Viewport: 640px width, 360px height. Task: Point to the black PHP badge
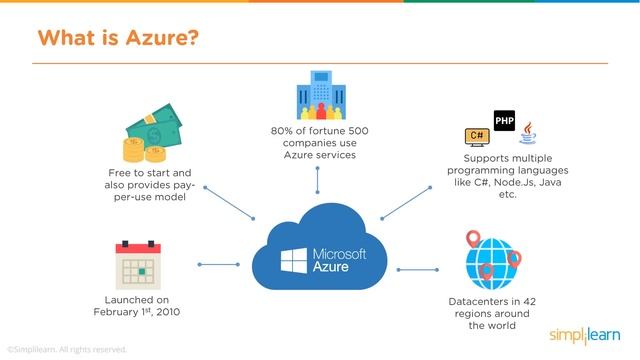pos(504,122)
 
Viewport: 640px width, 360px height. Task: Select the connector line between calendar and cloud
pos(214,264)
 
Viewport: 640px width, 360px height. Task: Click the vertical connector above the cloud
pos(317,180)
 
